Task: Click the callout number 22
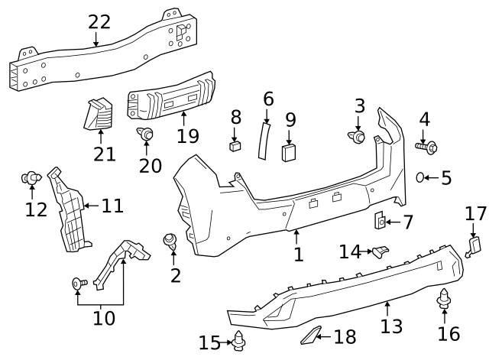tap(99, 21)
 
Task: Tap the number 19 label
tap(187, 136)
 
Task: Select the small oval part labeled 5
tap(421, 177)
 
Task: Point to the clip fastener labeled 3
tap(358, 137)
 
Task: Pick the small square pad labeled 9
tap(289, 153)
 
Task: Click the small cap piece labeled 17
tap(474, 245)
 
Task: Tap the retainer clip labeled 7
tap(380, 222)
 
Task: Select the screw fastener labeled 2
tap(170, 242)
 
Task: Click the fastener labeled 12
tap(31, 179)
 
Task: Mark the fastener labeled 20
tap(145, 135)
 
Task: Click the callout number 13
tap(391, 327)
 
